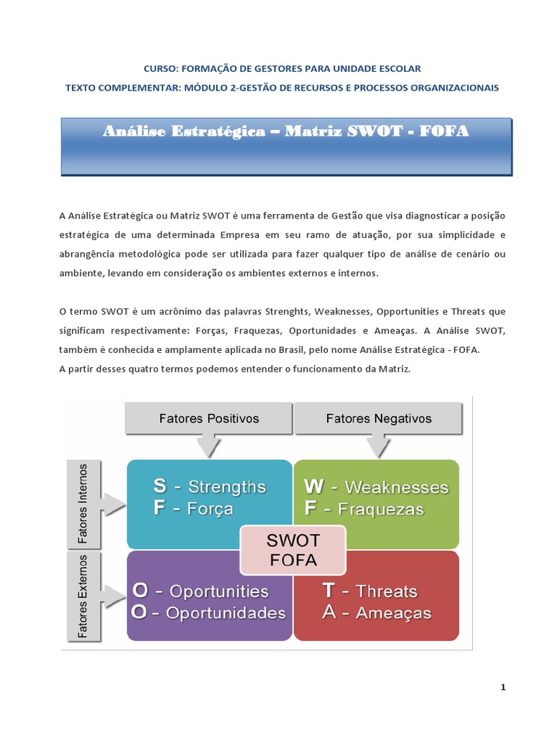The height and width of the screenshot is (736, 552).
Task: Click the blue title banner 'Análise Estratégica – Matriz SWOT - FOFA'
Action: (286, 147)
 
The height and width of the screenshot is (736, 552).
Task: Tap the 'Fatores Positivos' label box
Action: (208, 418)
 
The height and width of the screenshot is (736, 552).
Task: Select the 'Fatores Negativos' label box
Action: (379, 418)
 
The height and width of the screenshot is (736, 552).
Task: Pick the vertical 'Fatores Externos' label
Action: (83, 596)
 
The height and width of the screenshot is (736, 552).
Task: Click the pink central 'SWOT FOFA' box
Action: (293, 550)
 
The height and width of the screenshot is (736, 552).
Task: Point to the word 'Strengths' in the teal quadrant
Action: (227, 487)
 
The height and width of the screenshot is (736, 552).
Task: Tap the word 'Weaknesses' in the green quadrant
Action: (397, 487)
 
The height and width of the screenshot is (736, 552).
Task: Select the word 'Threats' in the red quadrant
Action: (387, 591)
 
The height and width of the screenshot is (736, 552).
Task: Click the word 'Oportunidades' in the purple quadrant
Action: (226, 613)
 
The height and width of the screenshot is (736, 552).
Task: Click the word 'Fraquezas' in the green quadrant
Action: (384, 510)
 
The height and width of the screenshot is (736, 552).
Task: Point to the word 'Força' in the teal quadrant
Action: (210, 509)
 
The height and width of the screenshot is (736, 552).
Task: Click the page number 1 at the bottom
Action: (503, 687)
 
